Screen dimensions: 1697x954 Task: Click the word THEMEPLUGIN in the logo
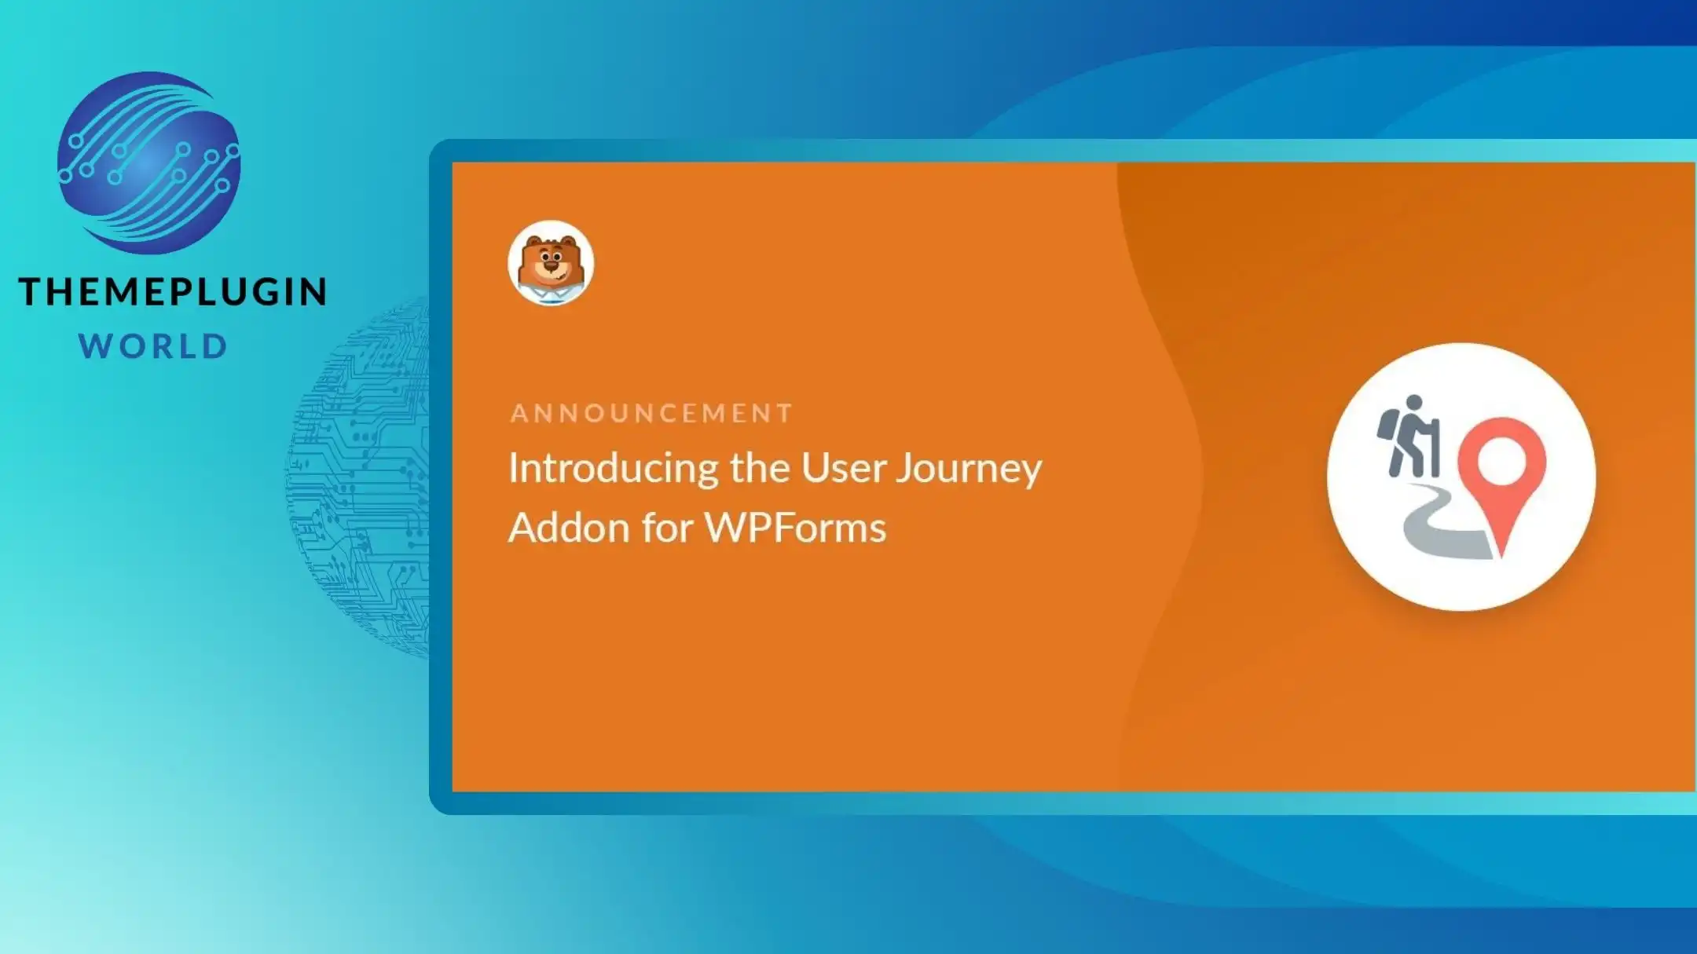coord(173,291)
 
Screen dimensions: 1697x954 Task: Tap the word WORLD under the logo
coord(154,346)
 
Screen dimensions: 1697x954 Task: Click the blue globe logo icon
coord(149,163)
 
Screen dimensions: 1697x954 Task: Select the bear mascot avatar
coord(551,263)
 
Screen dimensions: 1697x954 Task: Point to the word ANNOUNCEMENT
coord(651,413)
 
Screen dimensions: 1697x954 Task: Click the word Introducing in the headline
coord(613,470)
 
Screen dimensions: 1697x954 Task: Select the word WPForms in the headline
coord(795,527)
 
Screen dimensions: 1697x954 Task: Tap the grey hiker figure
coord(1409,436)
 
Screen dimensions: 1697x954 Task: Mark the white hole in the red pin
coord(1501,459)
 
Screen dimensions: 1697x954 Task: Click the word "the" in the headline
coord(759,468)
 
